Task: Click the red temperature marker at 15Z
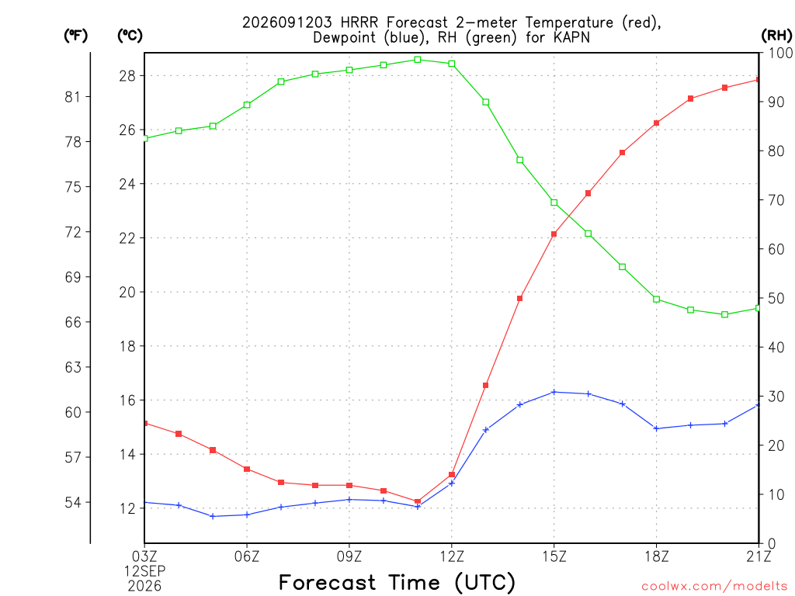tap(554, 234)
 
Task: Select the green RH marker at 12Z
tap(452, 64)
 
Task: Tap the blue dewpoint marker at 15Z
tap(554, 392)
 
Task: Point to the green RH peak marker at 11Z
tap(418, 60)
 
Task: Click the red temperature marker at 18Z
tap(657, 123)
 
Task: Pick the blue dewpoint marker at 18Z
tap(657, 428)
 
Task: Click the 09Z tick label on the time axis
tap(349, 557)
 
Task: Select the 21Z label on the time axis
tap(759, 557)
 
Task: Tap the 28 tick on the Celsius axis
tap(127, 76)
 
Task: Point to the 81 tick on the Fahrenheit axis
tap(73, 97)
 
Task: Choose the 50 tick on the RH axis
tap(776, 298)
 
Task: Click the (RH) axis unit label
tap(776, 35)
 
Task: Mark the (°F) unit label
tap(75, 35)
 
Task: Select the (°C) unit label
tap(130, 35)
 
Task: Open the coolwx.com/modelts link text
tap(714, 586)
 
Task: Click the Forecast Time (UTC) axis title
tap(397, 583)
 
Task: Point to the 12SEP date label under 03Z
tap(145, 571)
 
